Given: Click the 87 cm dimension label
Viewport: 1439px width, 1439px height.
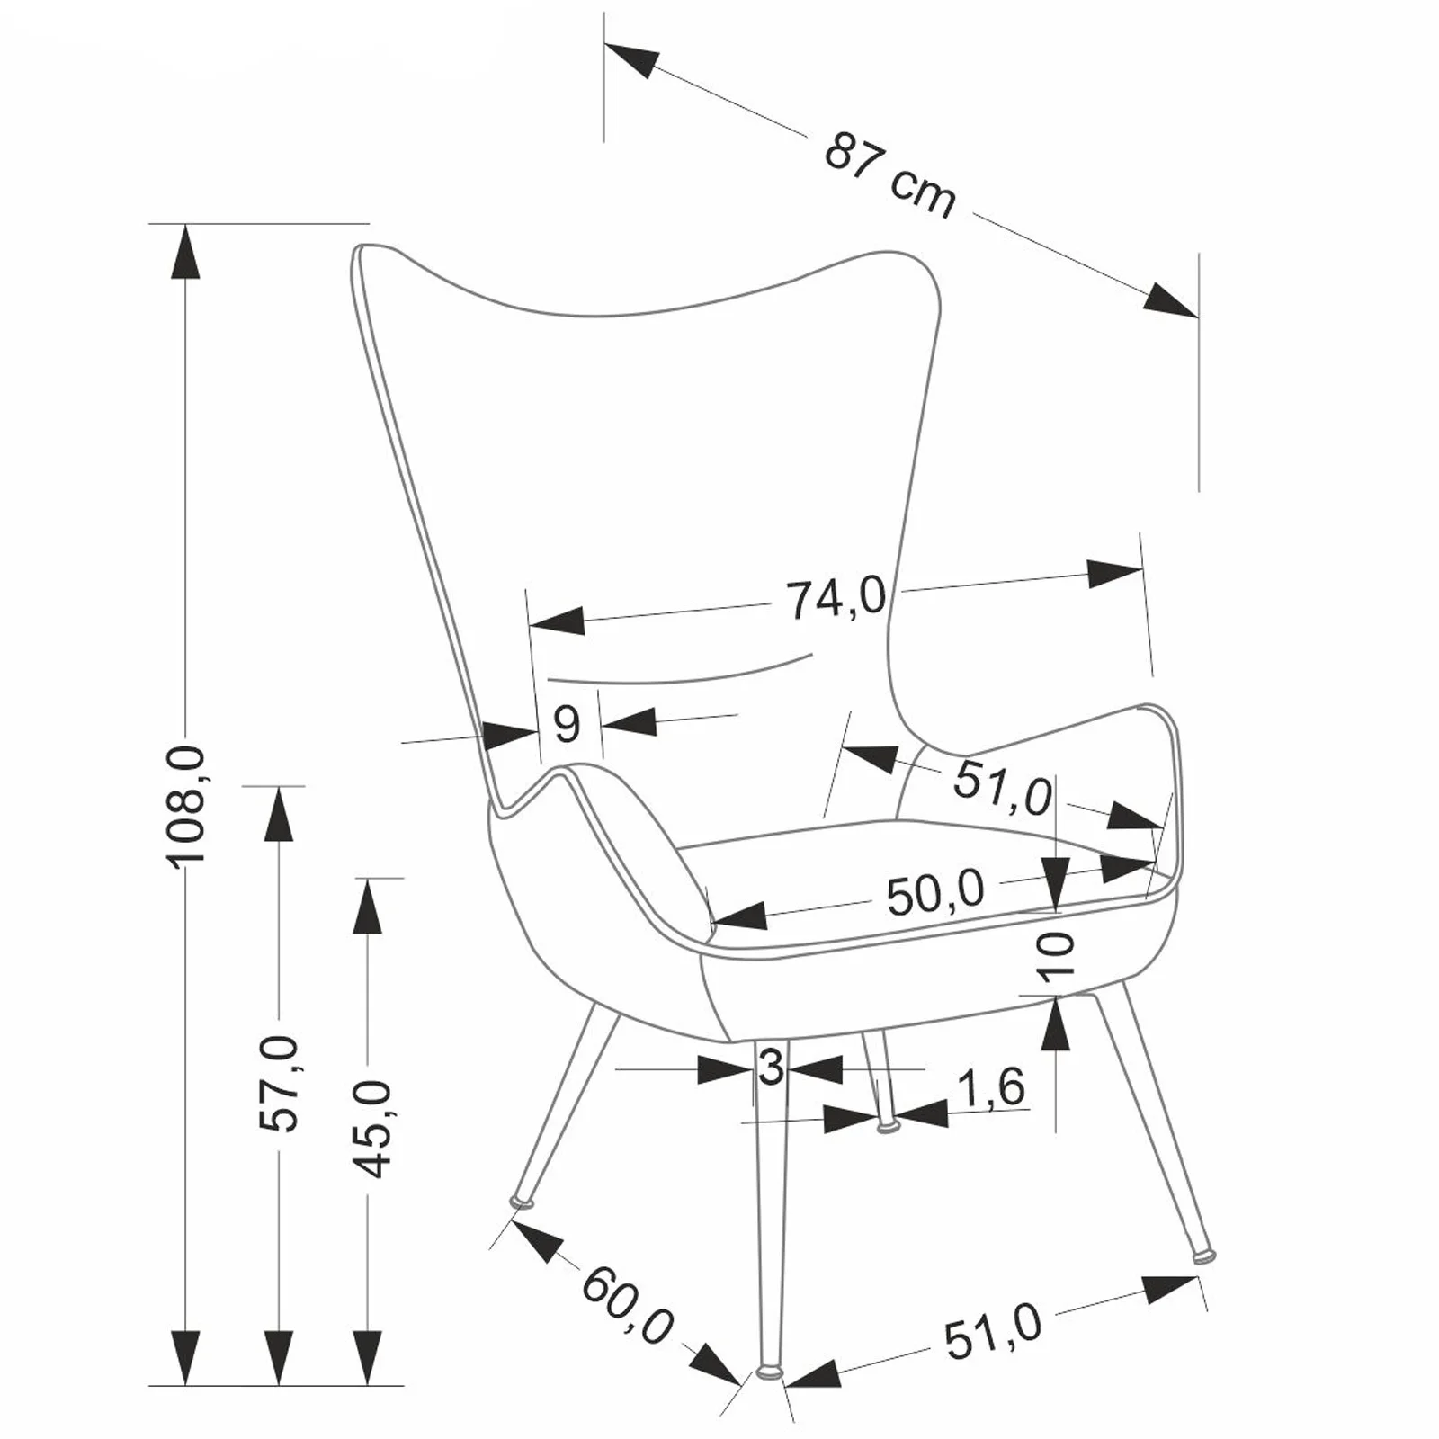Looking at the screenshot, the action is (889, 176).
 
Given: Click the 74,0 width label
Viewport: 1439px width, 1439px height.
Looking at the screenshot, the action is (836, 599).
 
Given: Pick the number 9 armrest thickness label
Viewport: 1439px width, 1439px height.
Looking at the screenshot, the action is (567, 723).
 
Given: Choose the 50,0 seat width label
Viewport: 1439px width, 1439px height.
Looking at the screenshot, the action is (935, 894).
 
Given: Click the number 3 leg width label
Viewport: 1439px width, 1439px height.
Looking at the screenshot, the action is (771, 1068).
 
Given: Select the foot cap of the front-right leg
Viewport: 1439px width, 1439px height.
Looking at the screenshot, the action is (1202, 1254).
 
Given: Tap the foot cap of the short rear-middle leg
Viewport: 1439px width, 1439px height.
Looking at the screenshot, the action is (887, 1125).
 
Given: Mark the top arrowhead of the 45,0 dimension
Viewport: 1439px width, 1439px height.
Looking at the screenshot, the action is (367, 907).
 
